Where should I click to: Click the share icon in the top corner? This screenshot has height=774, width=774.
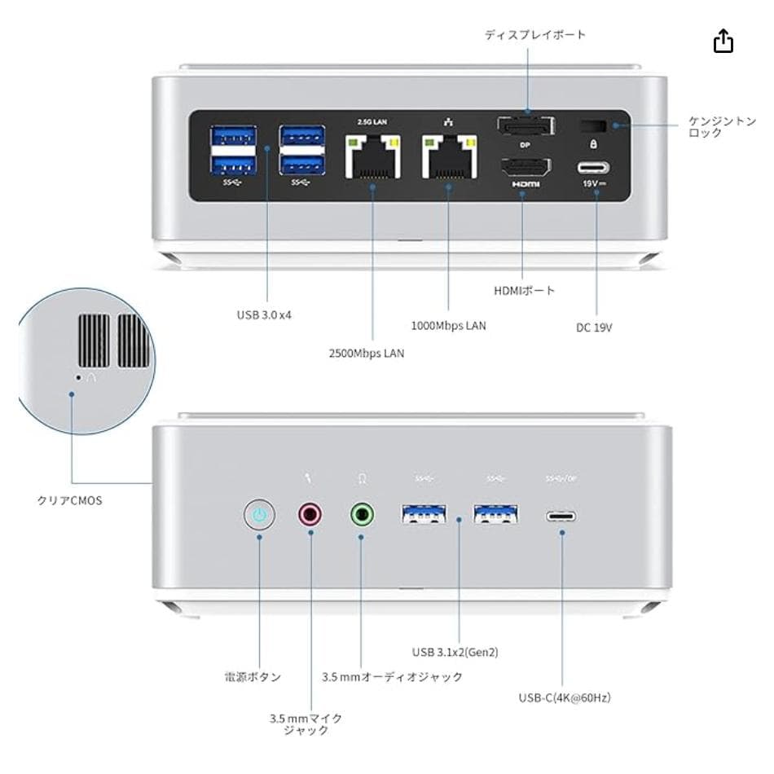tap(723, 42)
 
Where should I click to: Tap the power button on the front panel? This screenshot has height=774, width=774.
tap(259, 515)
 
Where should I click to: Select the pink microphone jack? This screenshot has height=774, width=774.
tap(310, 515)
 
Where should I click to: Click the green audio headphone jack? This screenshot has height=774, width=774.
tap(361, 515)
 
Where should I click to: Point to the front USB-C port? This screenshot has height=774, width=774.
tap(561, 516)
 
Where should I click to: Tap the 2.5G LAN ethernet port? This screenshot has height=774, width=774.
tap(372, 156)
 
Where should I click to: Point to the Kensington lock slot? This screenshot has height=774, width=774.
tap(593, 126)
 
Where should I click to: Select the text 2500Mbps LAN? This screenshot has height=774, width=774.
tap(366, 354)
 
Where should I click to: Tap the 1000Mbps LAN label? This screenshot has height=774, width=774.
tap(448, 326)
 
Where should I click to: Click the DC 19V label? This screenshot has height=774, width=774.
tap(594, 328)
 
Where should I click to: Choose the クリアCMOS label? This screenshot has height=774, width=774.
tap(70, 500)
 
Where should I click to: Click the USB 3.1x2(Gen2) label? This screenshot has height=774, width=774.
tap(455, 652)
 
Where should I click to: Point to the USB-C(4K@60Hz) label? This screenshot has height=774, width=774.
tap(565, 698)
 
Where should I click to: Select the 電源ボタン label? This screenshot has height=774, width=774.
tap(253, 677)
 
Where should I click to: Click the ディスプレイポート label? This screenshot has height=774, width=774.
tap(535, 35)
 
